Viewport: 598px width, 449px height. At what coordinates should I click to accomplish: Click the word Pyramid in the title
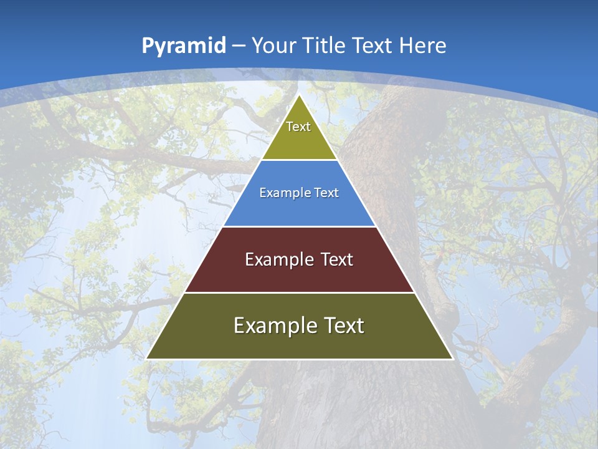pos(184,46)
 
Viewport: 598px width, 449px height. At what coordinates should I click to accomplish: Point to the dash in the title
pos(239,46)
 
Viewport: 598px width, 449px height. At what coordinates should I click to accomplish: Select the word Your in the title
pos(273,46)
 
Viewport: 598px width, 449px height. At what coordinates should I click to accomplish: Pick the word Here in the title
pos(423,46)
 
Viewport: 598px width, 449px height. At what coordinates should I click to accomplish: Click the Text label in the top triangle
pos(298,127)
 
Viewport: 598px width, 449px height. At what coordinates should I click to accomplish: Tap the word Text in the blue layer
pos(326,193)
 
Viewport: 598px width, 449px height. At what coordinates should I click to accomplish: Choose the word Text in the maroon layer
pos(337,259)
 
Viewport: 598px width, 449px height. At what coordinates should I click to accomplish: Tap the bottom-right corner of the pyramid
pos(452,359)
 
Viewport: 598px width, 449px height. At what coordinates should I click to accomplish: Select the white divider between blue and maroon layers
pos(300,226)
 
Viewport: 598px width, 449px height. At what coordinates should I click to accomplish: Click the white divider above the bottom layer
pos(300,292)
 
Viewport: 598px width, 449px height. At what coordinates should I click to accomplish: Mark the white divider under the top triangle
pos(300,160)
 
